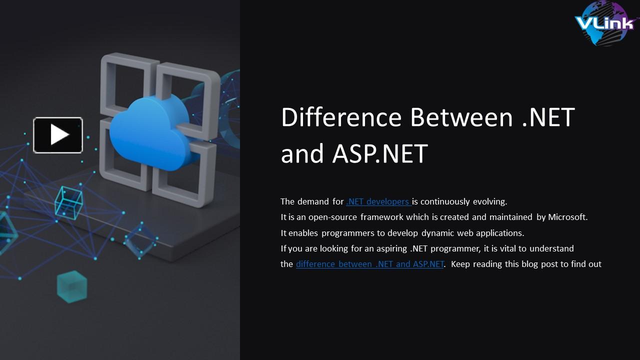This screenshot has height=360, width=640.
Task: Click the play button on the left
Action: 58,134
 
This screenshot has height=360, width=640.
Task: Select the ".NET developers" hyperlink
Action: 378,201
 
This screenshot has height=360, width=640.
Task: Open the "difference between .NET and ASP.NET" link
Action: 369,264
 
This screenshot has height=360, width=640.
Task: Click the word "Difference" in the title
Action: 341,117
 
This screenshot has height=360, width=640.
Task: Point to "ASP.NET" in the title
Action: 380,153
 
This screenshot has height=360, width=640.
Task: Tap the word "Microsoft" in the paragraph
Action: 567,217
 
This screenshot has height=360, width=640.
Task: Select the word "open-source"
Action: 332,217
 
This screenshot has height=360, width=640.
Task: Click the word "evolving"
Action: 489,201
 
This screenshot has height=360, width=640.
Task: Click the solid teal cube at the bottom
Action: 72,286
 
